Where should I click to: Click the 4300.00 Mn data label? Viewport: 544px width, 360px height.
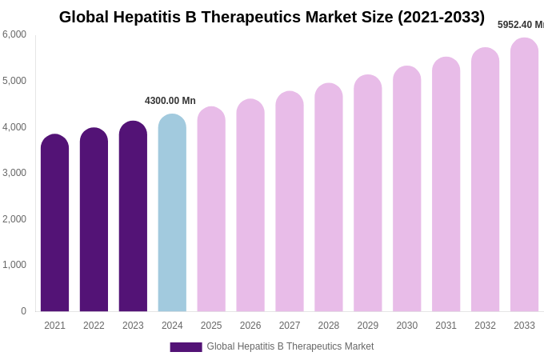(170, 101)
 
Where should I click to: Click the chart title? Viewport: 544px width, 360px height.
(272, 17)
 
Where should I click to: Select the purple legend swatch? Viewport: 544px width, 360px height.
(186, 347)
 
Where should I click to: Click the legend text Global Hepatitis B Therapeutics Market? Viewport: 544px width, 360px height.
(290, 346)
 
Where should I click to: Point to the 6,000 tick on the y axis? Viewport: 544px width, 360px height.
(14, 34)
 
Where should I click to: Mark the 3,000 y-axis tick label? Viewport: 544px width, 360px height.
(14, 173)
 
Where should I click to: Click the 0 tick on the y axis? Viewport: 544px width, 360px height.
(23, 311)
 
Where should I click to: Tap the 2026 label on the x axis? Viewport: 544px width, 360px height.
(250, 326)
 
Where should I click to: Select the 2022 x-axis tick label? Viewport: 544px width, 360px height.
(94, 326)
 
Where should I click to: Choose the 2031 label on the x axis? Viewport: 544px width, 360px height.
(446, 326)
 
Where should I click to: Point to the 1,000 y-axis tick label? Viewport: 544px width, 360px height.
(14, 265)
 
